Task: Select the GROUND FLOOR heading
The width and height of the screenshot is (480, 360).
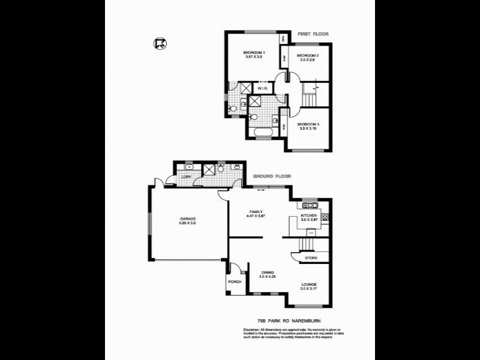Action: [272, 176]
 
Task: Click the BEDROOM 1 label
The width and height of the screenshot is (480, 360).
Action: [254, 53]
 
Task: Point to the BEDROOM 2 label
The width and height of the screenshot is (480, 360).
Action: [308, 56]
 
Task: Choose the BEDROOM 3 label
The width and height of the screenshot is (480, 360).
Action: [308, 123]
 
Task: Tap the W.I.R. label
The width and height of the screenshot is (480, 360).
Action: [262, 89]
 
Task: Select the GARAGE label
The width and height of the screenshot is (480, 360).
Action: [188, 218]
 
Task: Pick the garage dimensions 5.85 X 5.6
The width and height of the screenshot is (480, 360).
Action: [188, 223]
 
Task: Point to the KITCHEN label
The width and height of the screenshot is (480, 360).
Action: [308, 215]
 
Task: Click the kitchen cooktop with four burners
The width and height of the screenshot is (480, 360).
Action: [325, 217]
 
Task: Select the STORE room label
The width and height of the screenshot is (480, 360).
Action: [311, 259]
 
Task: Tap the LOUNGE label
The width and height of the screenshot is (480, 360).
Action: [308, 284]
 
